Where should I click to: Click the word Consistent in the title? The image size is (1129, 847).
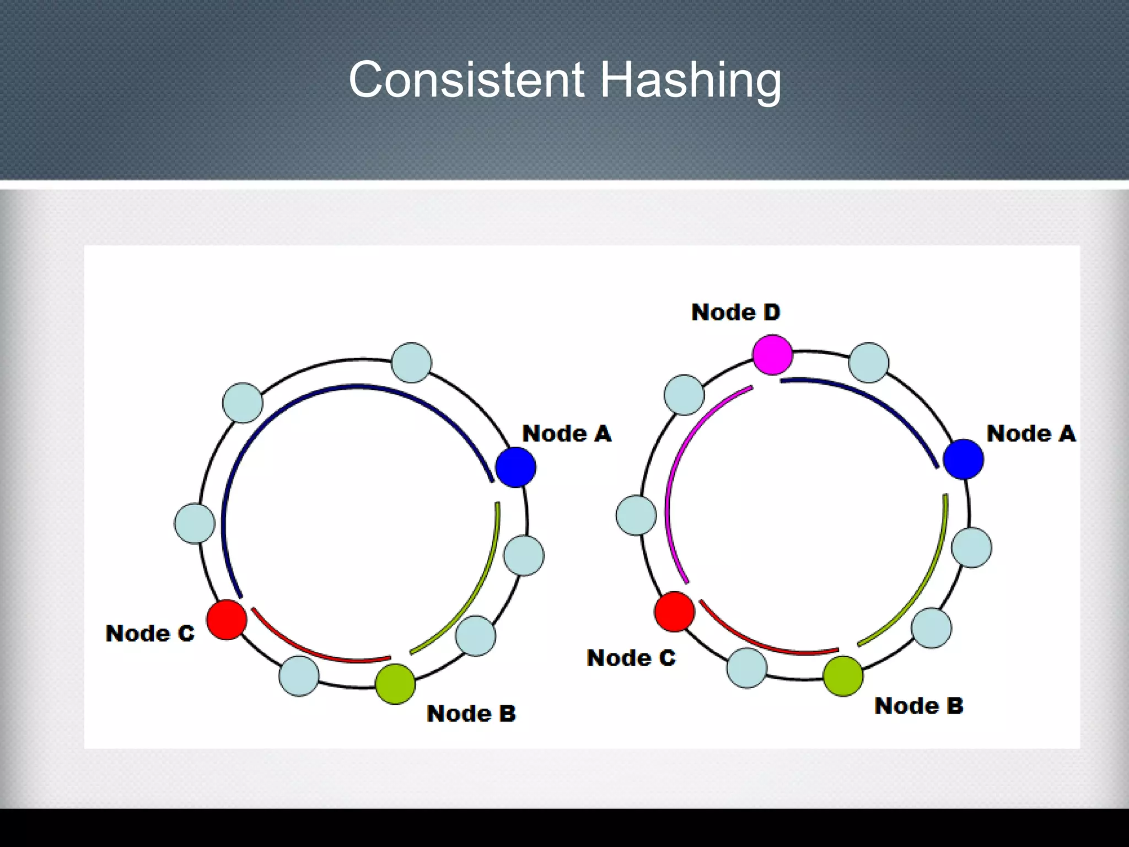[466, 80]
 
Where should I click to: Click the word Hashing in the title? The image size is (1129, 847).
[690, 81]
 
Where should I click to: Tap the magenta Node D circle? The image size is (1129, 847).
[772, 355]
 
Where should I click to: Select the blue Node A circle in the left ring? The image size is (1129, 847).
[515, 467]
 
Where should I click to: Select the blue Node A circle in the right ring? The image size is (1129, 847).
[963, 459]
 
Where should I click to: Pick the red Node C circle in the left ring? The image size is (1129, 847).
[227, 620]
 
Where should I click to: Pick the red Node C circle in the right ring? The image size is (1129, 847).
[674, 612]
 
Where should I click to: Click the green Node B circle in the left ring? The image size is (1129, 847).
[395, 684]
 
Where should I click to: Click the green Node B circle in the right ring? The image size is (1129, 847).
[843, 676]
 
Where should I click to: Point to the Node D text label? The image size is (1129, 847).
[735, 312]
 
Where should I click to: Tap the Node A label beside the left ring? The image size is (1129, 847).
[567, 433]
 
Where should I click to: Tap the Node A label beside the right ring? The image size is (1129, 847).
[1031, 433]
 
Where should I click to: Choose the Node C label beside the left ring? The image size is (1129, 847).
[150, 633]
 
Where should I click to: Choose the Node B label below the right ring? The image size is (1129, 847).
[918, 706]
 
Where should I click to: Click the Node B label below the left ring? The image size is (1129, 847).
[471, 714]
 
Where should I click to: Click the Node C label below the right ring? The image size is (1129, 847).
[631, 658]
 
